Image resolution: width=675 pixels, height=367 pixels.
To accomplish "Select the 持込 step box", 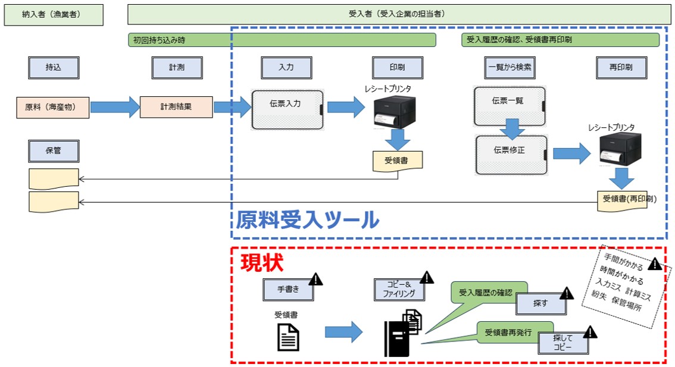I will click(x=54, y=68).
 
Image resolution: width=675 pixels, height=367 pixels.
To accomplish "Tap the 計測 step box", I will click(x=177, y=68).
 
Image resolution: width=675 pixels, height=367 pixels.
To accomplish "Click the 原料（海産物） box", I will click(x=54, y=108).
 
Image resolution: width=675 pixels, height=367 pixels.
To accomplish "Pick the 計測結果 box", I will click(x=176, y=108).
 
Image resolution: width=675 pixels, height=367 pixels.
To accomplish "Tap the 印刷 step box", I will click(x=398, y=68).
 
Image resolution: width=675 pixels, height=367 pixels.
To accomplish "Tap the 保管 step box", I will click(x=54, y=150).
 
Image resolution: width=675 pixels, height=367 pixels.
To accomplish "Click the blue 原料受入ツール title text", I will click(x=308, y=220).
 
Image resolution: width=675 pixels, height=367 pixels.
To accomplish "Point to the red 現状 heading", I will click(x=261, y=262).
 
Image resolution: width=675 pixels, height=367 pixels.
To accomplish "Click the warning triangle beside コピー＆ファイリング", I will click(x=427, y=278).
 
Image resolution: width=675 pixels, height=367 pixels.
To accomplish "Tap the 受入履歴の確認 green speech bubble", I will click(x=485, y=293).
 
